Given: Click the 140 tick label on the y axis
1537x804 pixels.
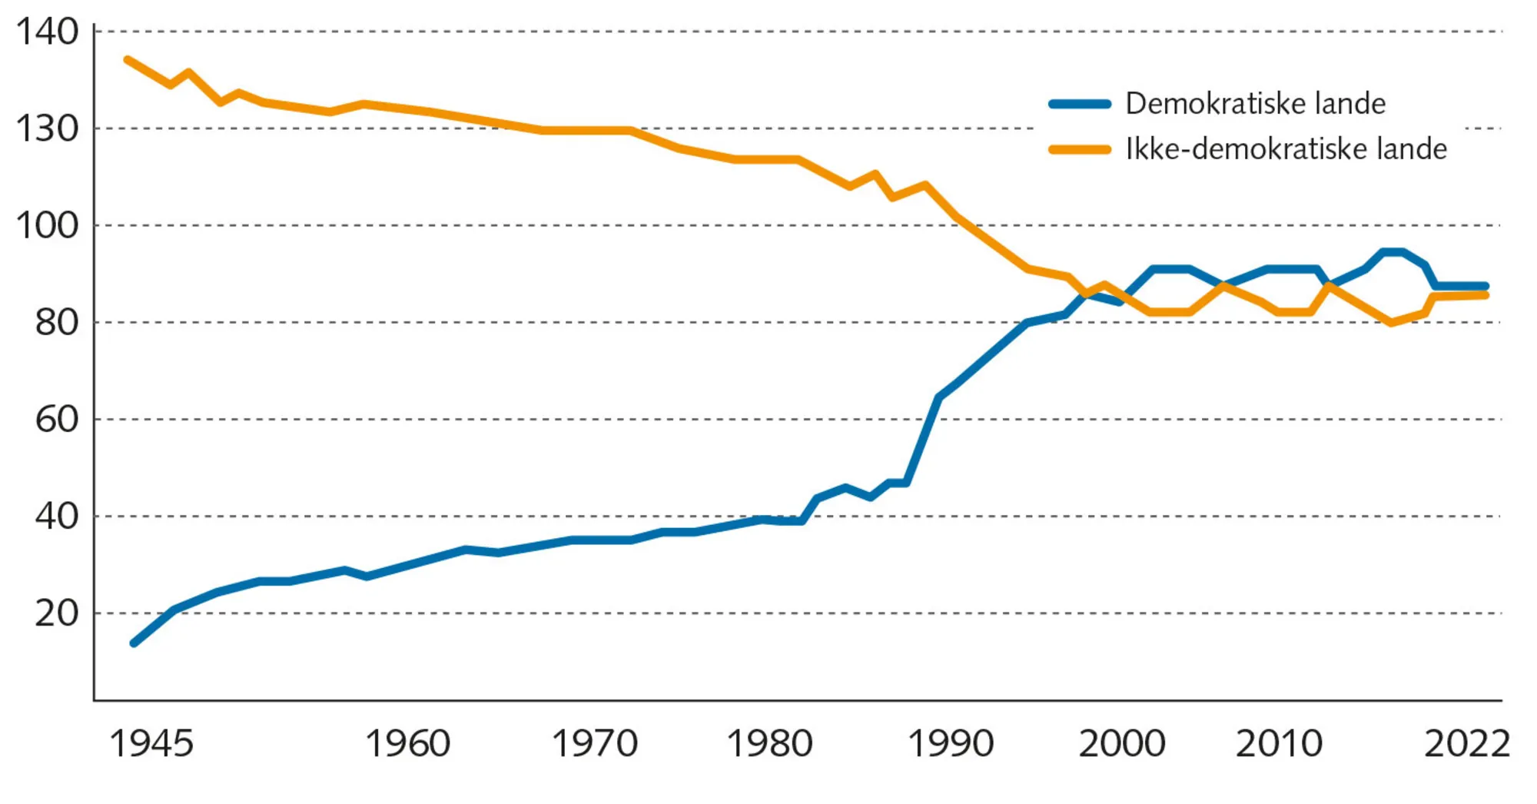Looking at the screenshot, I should (47, 32).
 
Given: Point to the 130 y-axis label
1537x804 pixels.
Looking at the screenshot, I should (47, 128).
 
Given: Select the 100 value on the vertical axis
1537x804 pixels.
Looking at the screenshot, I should (47, 225).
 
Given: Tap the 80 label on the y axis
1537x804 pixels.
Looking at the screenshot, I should (56, 322).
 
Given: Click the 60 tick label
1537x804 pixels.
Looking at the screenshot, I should (56, 419).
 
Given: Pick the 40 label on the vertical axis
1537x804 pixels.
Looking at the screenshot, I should (56, 516).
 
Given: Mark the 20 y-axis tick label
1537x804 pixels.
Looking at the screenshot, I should (56, 613).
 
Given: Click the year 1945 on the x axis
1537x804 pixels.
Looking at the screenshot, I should (151, 743).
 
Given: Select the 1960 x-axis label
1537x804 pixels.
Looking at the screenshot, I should (407, 743).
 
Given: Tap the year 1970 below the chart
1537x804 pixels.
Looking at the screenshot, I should (595, 743).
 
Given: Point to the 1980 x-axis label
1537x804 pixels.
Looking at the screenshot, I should (769, 743).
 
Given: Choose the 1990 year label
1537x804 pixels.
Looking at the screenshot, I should (951, 743).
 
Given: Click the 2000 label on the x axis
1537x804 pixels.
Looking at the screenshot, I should (1122, 743).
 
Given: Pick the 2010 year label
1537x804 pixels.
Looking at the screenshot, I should (1279, 743).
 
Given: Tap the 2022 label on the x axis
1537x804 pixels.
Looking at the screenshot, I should (1466, 743).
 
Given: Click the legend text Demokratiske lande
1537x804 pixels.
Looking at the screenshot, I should (1255, 103).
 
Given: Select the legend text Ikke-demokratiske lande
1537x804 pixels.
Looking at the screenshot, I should (1286, 149).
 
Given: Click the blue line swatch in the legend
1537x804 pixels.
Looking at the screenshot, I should (1080, 104).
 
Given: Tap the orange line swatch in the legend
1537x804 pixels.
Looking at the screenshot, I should (1080, 150).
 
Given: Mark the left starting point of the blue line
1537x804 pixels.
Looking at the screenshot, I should (134, 643).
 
